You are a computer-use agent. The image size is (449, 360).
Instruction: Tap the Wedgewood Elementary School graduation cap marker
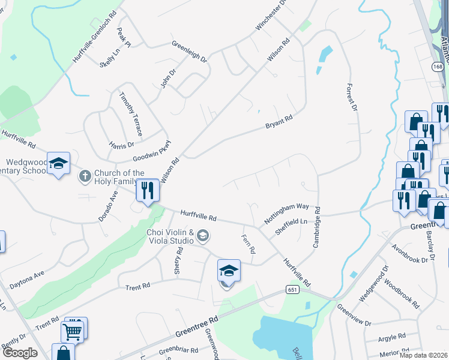click(59, 164)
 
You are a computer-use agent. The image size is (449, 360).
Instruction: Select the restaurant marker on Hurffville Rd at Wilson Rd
click(147, 191)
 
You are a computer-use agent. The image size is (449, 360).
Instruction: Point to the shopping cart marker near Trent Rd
click(71, 331)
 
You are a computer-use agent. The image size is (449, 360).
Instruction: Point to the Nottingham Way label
click(286, 214)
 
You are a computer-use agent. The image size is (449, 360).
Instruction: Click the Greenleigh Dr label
click(188, 52)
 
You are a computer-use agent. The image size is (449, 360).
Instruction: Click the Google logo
click(19, 353)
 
